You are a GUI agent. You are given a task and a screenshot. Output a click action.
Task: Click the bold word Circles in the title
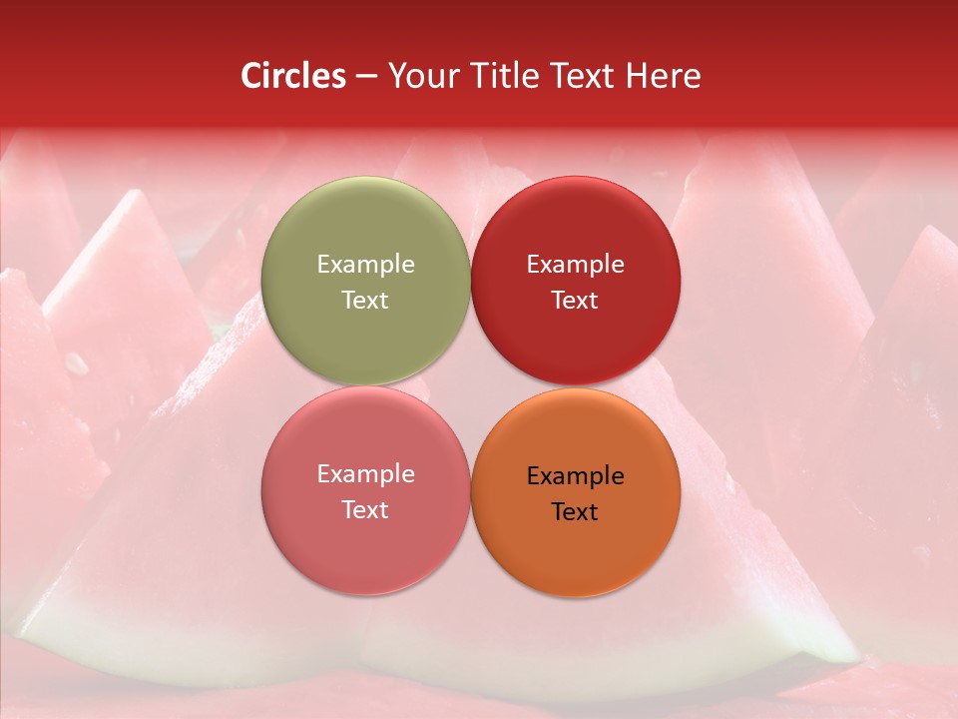293,76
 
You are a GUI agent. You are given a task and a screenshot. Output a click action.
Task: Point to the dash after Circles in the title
366,77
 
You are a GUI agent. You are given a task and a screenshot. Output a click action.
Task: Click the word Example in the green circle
365,264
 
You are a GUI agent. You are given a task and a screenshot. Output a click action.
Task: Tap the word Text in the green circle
365,300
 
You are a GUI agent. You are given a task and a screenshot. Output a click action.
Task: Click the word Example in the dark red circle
576,264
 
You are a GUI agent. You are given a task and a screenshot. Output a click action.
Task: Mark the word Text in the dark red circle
576,300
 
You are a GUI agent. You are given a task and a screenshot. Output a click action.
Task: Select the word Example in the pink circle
365,473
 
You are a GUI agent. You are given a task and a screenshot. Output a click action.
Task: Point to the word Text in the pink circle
365,509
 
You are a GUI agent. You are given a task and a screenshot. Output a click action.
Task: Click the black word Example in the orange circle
576,475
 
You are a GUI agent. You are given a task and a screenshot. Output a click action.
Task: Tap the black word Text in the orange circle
576,511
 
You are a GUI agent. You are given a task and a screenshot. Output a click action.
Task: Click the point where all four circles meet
471,385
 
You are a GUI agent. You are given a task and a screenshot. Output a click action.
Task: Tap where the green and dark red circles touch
471,281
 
